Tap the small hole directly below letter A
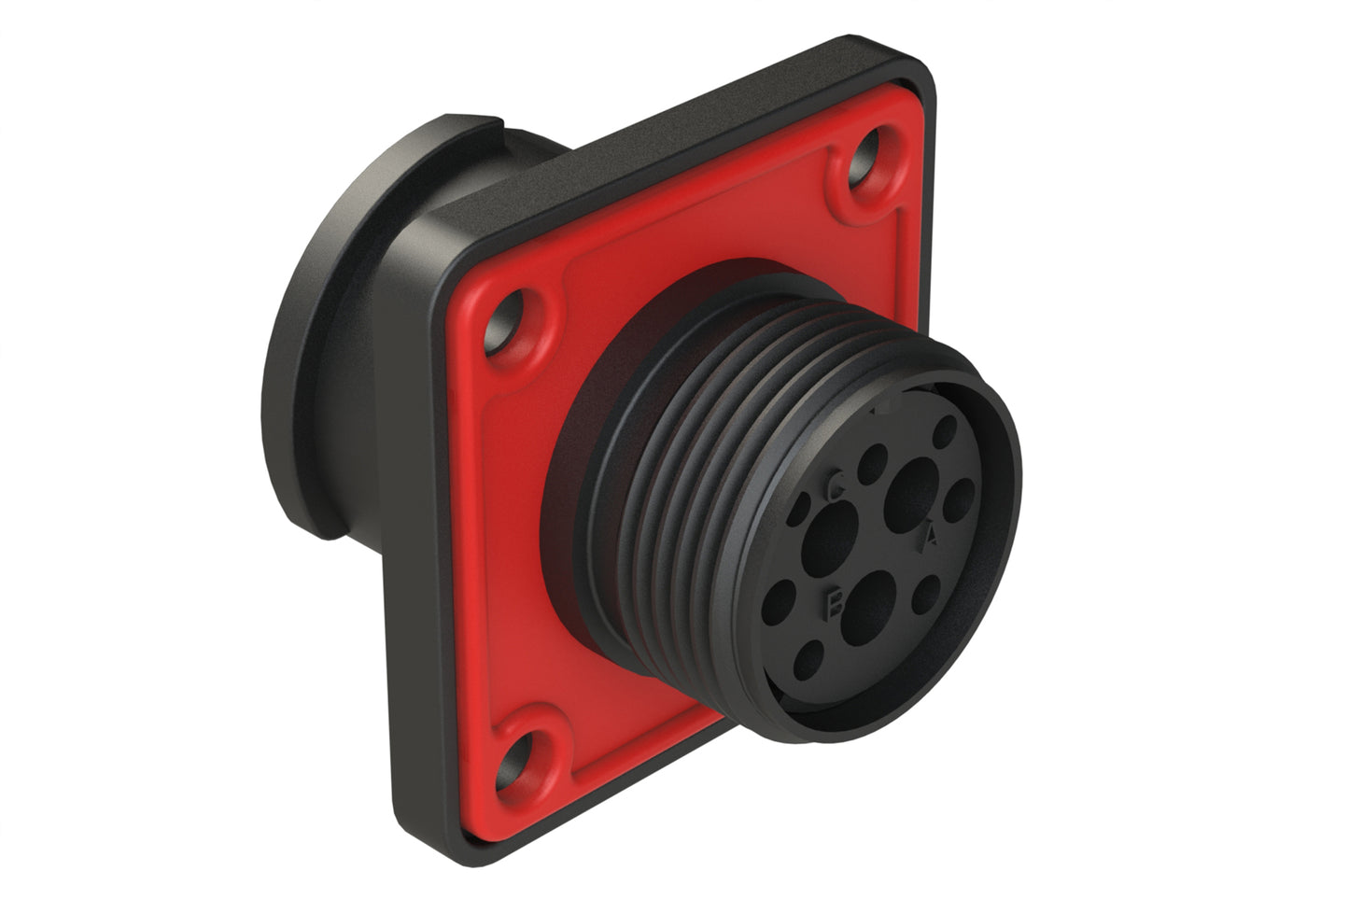(x=927, y=595)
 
